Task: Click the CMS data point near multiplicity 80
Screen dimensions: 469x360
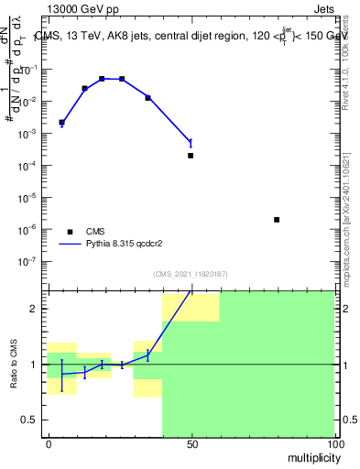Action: tap(277, 220)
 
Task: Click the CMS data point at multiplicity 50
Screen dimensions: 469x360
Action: tap(191, 156)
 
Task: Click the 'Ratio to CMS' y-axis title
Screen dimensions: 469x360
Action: tap(16, 363)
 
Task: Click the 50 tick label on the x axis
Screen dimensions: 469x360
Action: tap(191, 443)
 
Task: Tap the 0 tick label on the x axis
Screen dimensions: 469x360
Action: tap(48, 443)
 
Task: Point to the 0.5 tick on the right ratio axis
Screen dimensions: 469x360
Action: tap(348, 420)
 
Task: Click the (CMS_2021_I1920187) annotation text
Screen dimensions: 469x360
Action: tap(191, 273)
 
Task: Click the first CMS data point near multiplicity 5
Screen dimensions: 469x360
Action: tap(61, 122)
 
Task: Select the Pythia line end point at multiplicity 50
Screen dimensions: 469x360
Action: tap(191, 142)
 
